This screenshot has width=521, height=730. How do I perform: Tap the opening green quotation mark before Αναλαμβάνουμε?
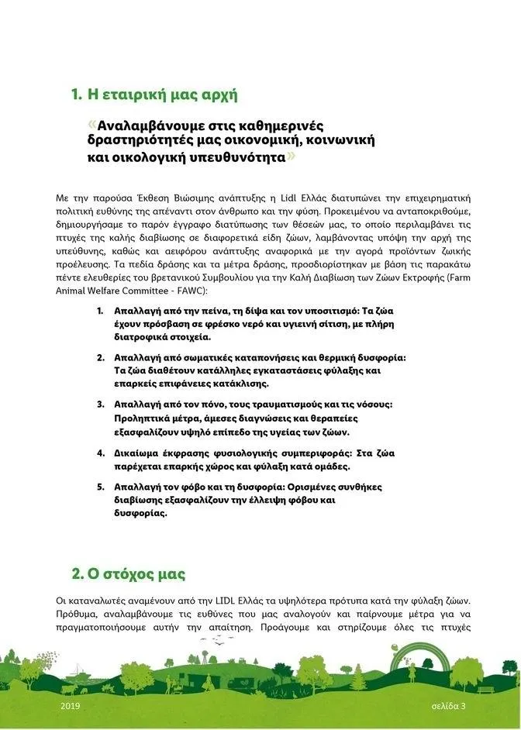[93, 125]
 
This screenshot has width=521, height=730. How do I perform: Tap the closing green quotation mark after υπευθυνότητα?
[291, 156]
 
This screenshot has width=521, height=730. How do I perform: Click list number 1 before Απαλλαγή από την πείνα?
[99, 310]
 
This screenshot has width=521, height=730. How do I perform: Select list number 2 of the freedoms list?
[100, 357]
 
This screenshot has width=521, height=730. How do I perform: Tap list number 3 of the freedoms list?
[100, 405]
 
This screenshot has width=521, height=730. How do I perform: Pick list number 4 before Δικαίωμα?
[100, 452]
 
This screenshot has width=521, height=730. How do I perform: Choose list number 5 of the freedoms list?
[100, 487]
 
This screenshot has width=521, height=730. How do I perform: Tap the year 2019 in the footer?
[70, 707]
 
